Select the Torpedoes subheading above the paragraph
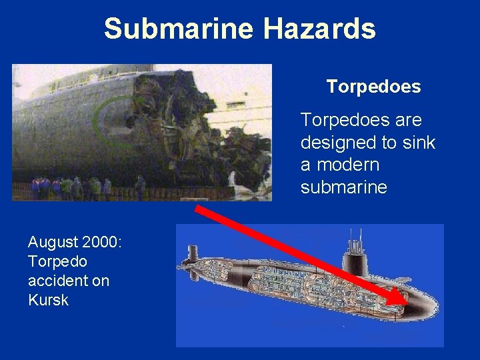[x=373, y=87]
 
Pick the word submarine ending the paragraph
[x=343, y=187]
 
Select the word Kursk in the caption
[x=48, y=300]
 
